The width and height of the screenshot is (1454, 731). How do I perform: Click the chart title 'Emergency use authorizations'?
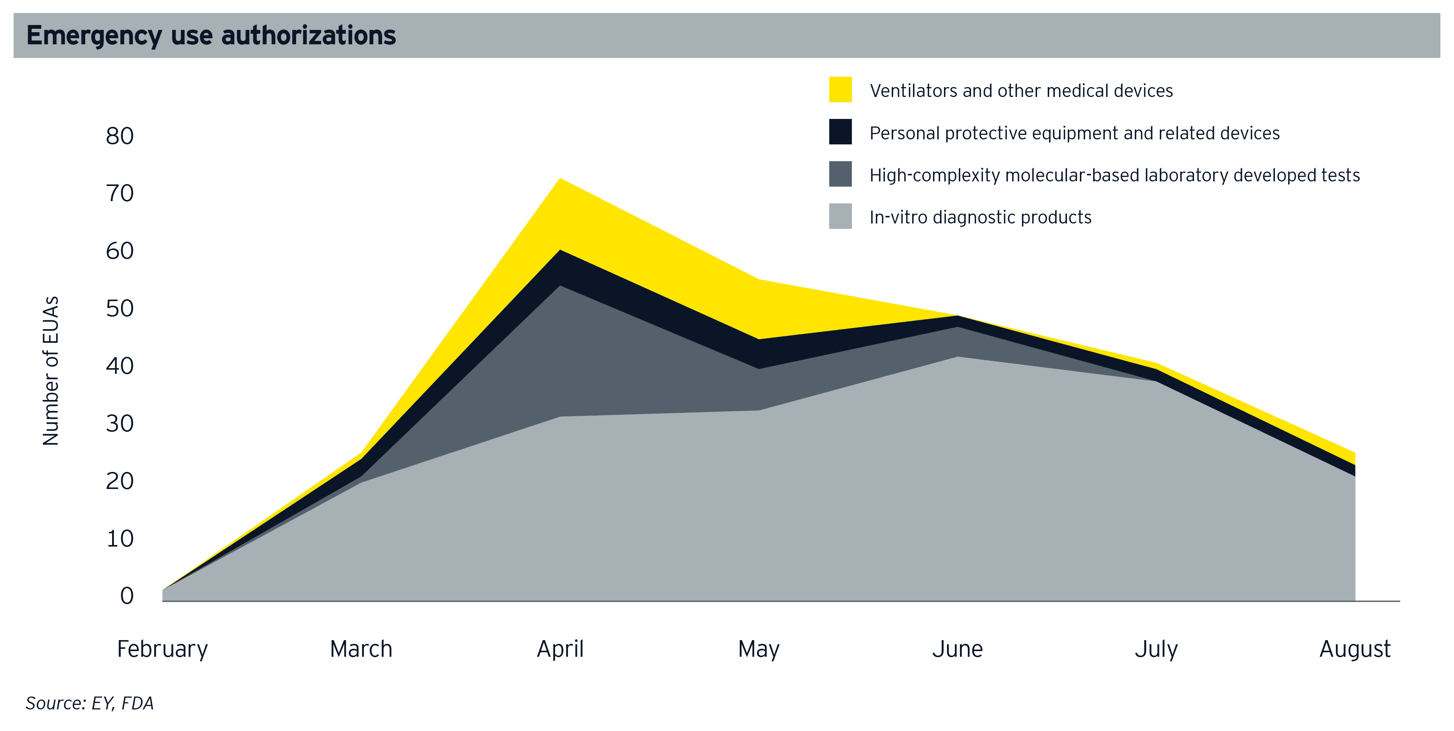tap(211, 36)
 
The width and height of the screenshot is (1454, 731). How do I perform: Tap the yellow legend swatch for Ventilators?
tap(840, 90)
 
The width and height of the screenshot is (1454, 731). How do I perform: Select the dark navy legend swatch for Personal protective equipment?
tap(840, 132)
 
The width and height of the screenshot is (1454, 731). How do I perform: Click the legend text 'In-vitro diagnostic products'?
tap(980, 217)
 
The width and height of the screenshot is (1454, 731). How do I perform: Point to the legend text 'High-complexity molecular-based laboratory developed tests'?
tap(1114, 175)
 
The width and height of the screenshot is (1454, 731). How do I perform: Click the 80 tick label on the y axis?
tap(120, 136)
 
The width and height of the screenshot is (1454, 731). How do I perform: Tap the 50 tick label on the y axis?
tap(120, 309)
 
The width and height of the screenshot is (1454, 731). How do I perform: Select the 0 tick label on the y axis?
tap(126, 596)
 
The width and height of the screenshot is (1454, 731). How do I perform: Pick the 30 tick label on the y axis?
tap(120, 424)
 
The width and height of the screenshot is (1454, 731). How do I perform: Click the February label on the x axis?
tap(162, 649)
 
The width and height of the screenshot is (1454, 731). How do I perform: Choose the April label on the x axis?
tap(560, 649)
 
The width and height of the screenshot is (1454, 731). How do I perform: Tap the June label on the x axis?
tap(957, 649)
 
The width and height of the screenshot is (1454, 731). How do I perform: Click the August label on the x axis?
tap(1355, 649)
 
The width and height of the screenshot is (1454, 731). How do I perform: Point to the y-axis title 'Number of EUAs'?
tap(51, 371)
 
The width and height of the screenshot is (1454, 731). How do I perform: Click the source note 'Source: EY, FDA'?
tap(90, 703)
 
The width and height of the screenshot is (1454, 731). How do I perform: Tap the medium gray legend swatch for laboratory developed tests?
tap(840, 175)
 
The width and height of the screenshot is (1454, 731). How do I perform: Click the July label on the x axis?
tap(1156, 649)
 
